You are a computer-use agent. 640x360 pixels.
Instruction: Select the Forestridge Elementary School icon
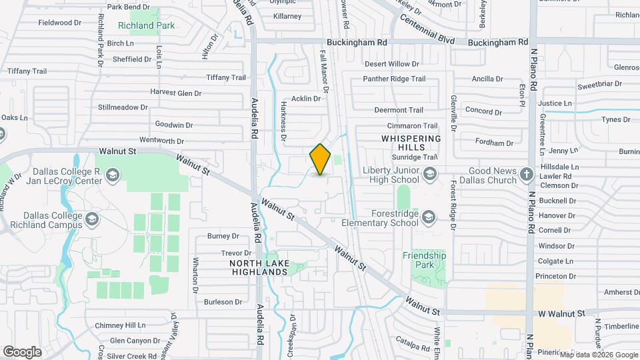[427, 217]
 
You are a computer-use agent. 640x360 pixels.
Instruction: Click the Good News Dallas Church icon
[527, 175]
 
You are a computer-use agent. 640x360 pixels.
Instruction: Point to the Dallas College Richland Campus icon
[91, 219]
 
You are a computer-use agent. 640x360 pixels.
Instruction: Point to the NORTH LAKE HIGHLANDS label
[259, 267]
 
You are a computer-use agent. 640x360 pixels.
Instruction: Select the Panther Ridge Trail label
[394, 79]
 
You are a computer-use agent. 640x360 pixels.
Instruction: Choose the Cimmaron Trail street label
[412, 125]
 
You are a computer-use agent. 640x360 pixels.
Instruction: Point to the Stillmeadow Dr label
[123, 107]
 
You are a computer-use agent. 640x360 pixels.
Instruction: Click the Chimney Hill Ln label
[120, 325]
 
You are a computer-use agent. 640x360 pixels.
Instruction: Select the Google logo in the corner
[22, 351]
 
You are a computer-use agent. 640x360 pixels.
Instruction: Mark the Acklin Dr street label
[306, 99]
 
